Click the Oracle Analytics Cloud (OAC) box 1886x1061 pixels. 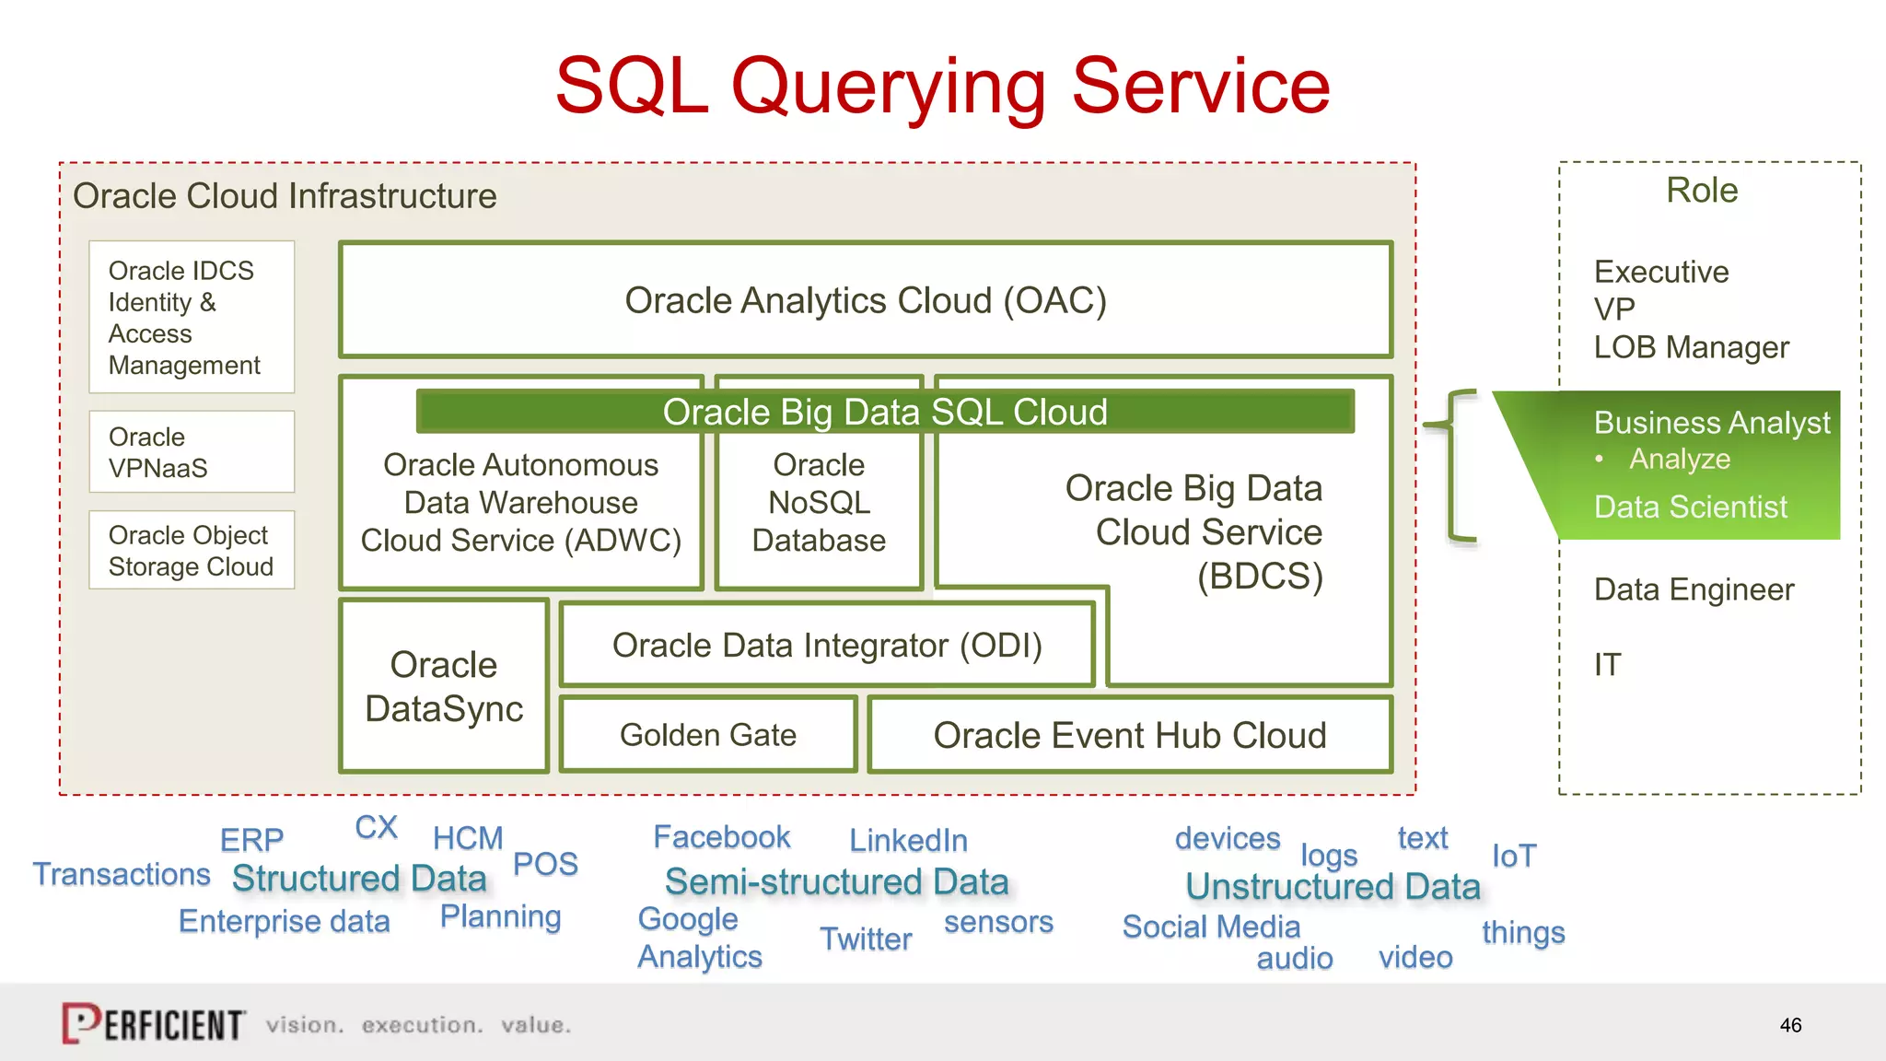pos(865,300)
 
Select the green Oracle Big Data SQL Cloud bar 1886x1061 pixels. pos(884,412)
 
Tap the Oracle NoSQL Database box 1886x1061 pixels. pos(819,504)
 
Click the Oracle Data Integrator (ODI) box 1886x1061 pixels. pos(827,646)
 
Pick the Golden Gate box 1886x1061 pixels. pos(707,735)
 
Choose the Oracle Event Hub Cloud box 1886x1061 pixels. pos(1129,735)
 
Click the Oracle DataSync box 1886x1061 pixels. pos(444,686)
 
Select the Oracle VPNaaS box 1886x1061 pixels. pos(192,452)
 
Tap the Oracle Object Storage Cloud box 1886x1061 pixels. pos(192,551)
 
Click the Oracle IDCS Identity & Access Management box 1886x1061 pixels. pos(192,318)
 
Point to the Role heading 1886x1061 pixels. pos(1701,191)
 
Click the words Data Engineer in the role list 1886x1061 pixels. pos(1694,589)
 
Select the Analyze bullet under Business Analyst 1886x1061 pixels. pos(1679,459)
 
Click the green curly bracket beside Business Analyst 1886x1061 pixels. pos(1453,465)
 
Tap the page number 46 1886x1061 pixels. pos(1790,1025)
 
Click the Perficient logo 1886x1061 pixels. pos(154,1023)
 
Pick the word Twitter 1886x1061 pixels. pos(866,939)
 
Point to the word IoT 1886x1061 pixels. pos(1513,857)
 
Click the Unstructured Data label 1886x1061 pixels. pos(1333,887)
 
